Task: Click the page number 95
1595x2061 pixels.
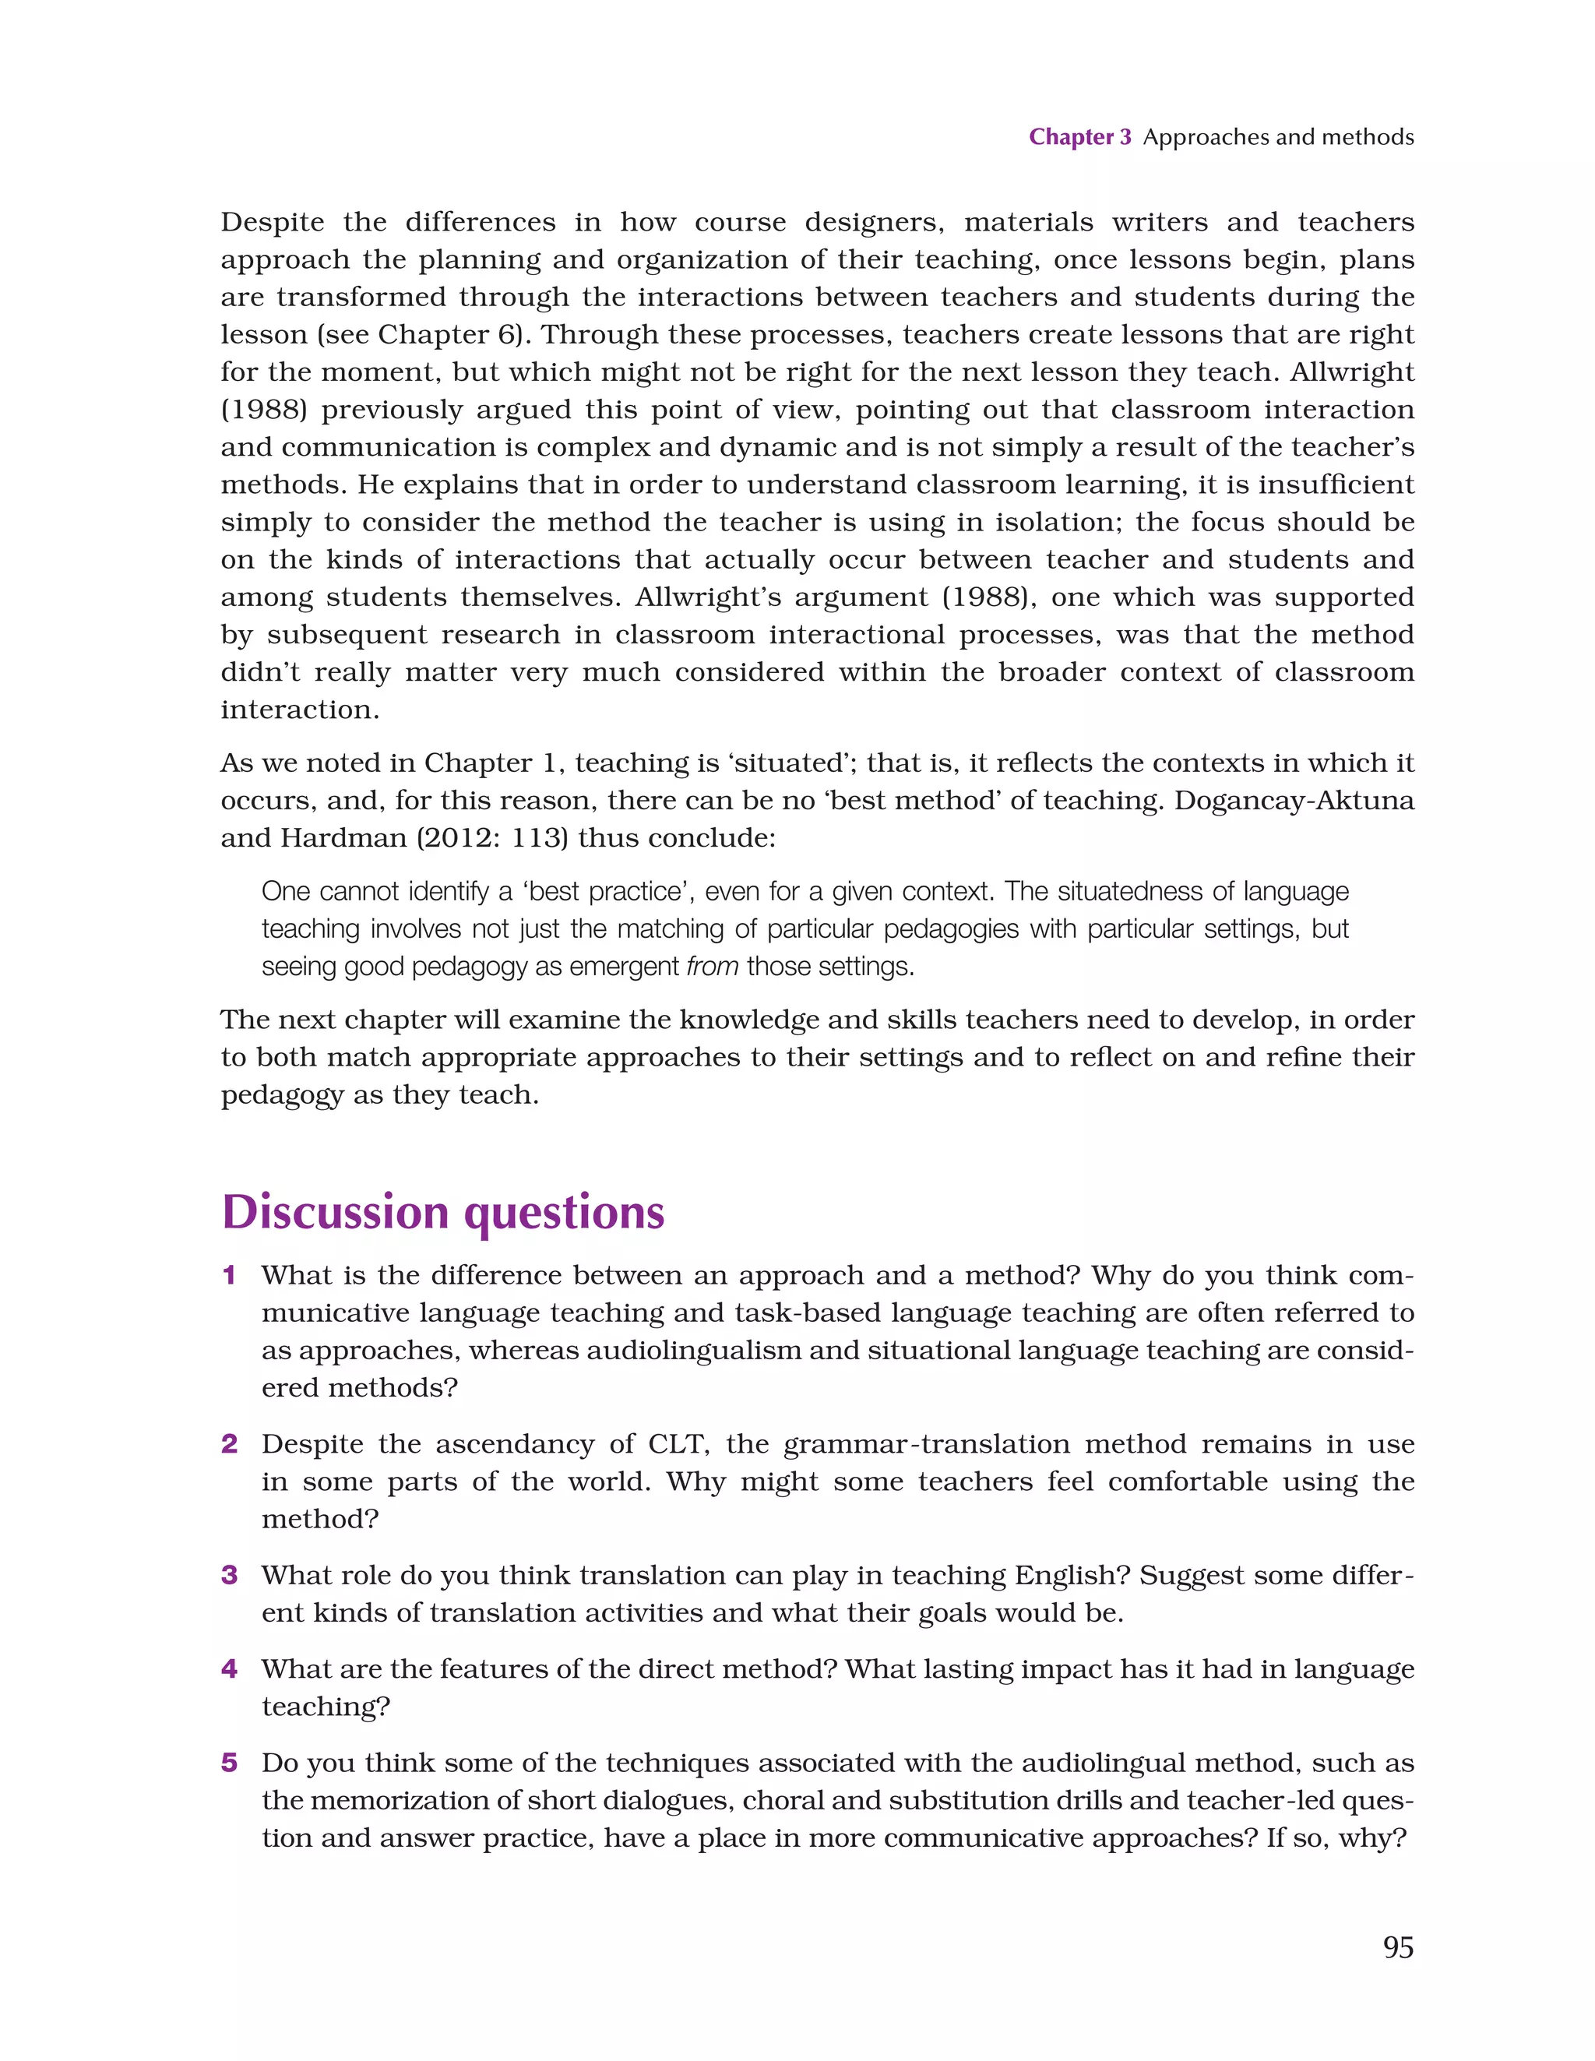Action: point(1398,1948)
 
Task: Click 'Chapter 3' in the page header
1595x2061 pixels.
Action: point(1079,137)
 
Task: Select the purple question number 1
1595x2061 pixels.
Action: point(228,1276)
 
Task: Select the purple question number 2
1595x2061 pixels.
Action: point(229,1444)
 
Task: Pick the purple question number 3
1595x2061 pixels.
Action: point(229,1575)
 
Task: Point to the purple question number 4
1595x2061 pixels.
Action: point(229,1668)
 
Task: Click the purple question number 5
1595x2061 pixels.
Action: point(229,1763)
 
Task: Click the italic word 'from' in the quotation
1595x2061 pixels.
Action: point(712,967)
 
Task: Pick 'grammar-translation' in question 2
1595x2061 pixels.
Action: point(927,1444)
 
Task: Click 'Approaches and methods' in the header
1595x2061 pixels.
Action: point(1278,137)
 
